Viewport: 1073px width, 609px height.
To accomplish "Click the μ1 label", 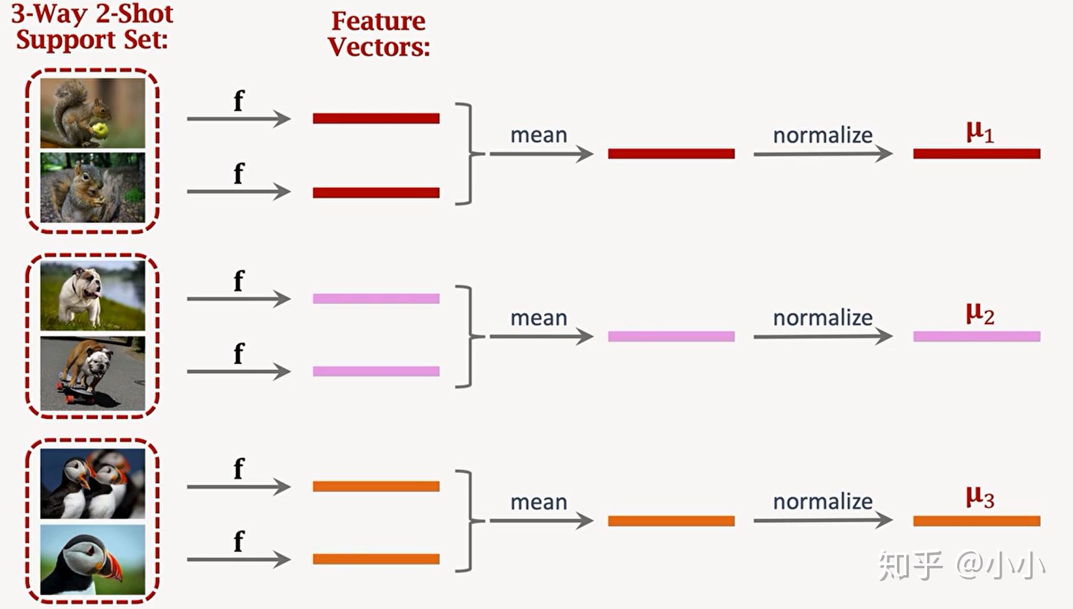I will (x=979, y=132).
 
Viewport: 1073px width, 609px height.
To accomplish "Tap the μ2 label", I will (x=979, y=313).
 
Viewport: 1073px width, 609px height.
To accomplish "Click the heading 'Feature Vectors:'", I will (x=378, y=34).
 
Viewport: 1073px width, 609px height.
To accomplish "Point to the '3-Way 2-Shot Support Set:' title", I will (x=92, y=26).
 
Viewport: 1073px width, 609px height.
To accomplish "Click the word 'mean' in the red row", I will (x=538, y=135).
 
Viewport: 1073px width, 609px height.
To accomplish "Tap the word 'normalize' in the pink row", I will (x=822, y=318).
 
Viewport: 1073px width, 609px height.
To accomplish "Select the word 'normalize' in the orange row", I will (x=822, y=501).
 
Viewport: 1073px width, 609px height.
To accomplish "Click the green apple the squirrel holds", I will (x=99, y=130).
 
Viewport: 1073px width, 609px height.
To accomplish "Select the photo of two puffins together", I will (x=93, y=484).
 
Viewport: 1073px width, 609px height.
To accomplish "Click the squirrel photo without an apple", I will (x=93, y=187).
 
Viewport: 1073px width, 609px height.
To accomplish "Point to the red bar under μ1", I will (x=976, y=154).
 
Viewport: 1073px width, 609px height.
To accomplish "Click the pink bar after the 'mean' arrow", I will (x=671, y=336).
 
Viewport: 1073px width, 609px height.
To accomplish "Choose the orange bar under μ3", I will (x=976, y=521).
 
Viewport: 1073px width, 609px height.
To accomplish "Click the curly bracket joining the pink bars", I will (x=467, y=336).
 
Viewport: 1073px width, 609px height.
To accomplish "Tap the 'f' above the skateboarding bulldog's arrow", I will (x=239, y=354).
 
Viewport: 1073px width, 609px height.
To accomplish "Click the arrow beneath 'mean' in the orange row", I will (x=541, y=521).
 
